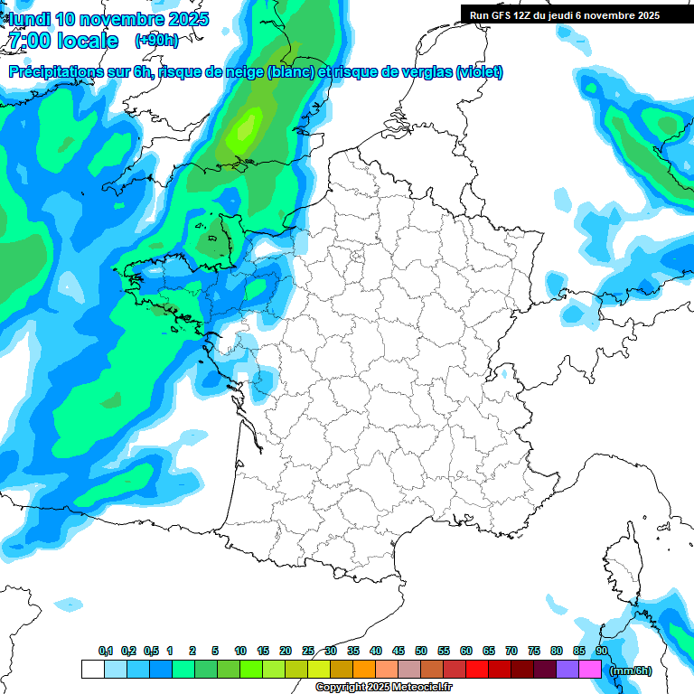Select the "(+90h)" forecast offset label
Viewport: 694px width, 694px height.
[155, 41]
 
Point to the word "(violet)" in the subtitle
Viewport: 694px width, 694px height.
[479, 72]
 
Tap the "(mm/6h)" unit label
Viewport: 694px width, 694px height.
[631, 670]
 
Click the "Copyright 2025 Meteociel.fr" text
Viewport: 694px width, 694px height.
[383, 687]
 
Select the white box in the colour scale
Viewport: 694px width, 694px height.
[92, 670]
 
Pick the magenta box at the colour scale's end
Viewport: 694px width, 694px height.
[590, 670]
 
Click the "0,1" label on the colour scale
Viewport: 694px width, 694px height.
[106, 652]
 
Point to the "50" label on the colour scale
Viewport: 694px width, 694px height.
[421, 652]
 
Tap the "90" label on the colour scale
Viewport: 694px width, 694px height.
[601, 652]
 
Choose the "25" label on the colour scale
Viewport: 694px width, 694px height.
[308, 652]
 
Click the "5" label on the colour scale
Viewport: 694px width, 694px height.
[215, 652]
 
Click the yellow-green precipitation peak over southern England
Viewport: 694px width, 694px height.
[242, 134]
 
